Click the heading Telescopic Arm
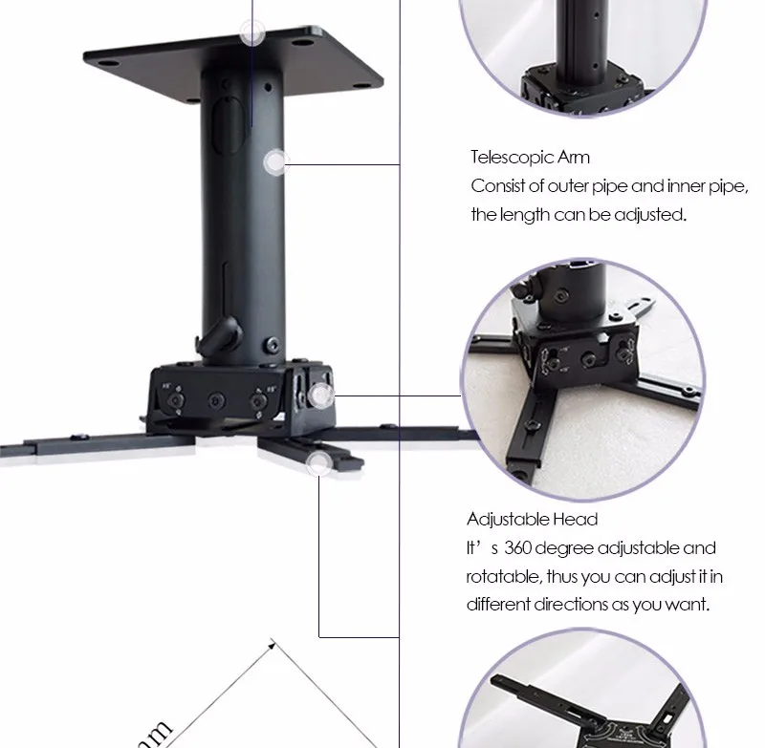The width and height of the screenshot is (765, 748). pos(530,158)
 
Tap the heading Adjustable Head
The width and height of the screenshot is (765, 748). pos(532,520)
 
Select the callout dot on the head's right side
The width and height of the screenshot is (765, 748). pos(321,393)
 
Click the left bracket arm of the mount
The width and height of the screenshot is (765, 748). pos(76,445)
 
